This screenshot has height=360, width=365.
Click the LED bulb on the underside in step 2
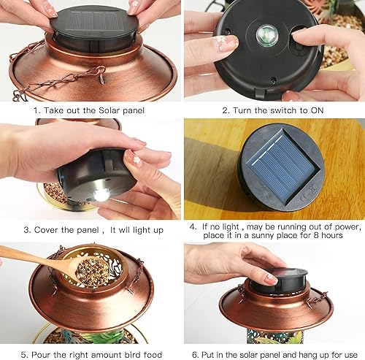264,34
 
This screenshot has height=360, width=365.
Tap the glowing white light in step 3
100,194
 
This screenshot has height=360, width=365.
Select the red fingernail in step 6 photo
270,279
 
